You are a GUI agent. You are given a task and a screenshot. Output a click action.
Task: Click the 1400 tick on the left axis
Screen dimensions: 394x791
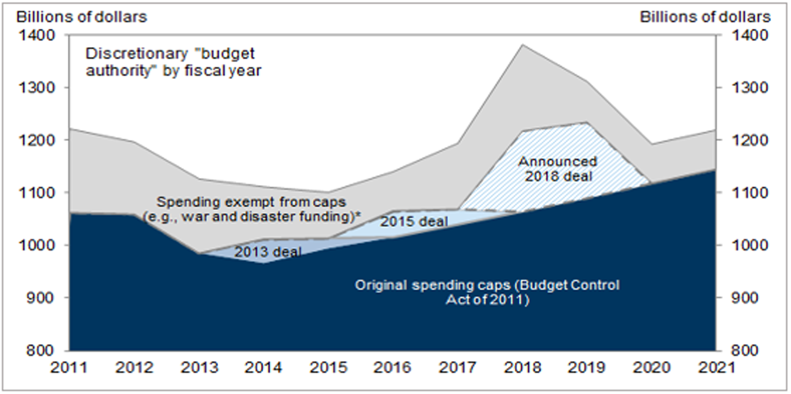pyautogui.click(x=40, y=35)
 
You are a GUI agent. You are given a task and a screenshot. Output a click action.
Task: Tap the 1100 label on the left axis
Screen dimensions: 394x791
pyautogui.click(x=40, y=193)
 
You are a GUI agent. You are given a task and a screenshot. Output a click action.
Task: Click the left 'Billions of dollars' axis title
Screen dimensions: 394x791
pyautogui.click(x=81, y=17)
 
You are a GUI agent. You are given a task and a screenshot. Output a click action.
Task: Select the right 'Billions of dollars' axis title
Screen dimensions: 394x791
pyautogui.click(x=705, y=17)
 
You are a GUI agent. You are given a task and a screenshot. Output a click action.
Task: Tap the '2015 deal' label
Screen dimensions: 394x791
pyautogui.click(x=414, y=221)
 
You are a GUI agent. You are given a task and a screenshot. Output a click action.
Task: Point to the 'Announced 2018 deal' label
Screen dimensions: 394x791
pyautogui.click(x=557, y=169)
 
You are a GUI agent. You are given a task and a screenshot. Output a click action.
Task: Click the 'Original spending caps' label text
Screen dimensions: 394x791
pyautogui.click(x=487, y=292)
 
